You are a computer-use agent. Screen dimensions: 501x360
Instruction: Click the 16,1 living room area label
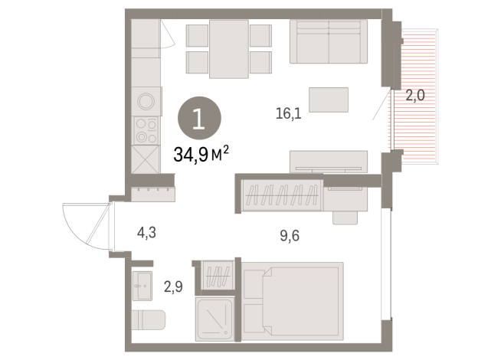click(289, 113)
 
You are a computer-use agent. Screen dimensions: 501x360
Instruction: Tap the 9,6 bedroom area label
click(290, 236)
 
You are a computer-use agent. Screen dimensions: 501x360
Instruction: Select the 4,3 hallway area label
click(146, 233)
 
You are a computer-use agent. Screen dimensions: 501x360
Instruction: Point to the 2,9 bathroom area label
click(173, 286)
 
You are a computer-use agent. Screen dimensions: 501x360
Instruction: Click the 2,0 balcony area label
click(415, 95)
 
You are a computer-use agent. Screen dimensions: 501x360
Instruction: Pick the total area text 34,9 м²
click(201, 154)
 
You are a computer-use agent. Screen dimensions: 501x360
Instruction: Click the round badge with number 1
click(199, 118)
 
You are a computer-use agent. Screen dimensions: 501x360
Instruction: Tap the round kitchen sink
click(146, 101)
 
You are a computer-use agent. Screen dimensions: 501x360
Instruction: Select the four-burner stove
click(146, 130)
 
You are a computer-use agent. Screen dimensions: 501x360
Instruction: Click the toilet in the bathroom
click(149, 319)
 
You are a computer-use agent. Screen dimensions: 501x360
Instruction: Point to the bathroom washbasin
click(142, 286)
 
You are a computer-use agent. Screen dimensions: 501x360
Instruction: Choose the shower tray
click(215, 319)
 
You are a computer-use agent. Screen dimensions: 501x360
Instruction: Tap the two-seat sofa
click(329, 41)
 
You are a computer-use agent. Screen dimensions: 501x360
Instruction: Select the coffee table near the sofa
click(329, 100)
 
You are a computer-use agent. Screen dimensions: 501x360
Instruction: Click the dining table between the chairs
click(229, 49)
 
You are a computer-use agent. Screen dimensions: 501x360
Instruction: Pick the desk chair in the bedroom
click(345, 218)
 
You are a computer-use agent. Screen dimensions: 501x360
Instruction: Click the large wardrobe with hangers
click(282, 195)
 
